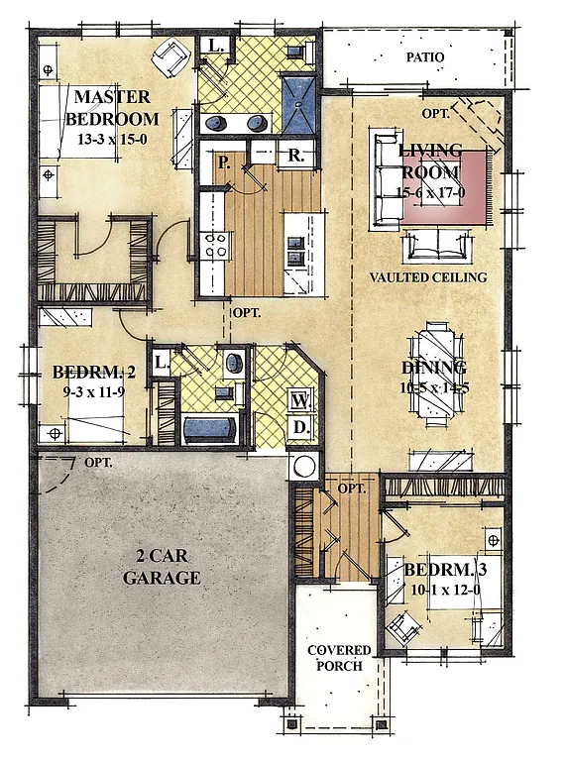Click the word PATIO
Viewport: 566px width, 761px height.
tap(424, 57)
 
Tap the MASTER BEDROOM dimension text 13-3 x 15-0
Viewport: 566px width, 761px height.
tap(112, 140)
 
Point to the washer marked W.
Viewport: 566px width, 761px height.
tap(300, 401)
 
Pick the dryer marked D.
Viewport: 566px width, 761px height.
tap(300, 427)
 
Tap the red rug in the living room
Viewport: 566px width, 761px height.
tap(446, 185)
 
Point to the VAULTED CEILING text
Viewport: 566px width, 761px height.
tap(428, 277)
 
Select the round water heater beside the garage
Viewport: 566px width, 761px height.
tap(303, 466)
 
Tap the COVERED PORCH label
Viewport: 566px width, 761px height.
tap(338, 658)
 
